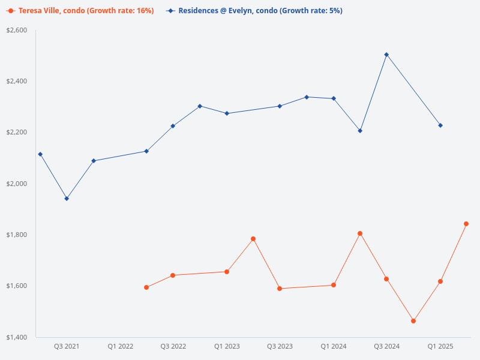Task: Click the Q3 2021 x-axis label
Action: click(x=67, y=346)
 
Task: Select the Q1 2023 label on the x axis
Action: click(x=227, y=346)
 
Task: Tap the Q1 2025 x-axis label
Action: click(x=440, y=346)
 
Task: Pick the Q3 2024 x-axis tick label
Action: click(x=387, y=346)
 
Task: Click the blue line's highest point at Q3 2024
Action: click(x=386, y=55)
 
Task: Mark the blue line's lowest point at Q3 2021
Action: click(x=67, y=199)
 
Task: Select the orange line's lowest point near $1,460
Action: click(x=413, y=321)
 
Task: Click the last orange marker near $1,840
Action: click(x=466, y=224)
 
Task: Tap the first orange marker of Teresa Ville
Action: click(x=146, y=287)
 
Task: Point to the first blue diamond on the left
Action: click(x=40, y=154)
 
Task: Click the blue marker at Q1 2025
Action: click(x=440, y=125)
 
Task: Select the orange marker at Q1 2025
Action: click(x=440, y=281)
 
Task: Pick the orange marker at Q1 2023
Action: click(x=227, y=272)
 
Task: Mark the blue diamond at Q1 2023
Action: click(x=227, y=113)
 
